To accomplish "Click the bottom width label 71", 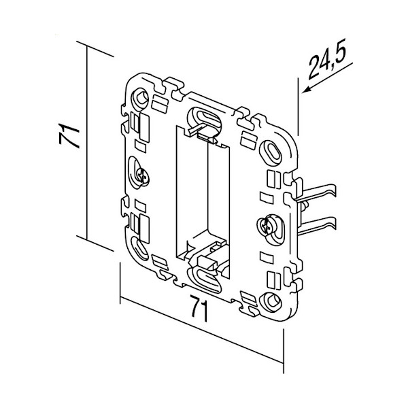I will (x=198, y=309).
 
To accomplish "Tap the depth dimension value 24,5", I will (x=329, y=65).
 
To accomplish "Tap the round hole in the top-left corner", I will (x=141, y=97).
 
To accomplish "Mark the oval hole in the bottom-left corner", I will (x=137, y=245).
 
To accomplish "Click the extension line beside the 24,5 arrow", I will (x=297, y=112).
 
